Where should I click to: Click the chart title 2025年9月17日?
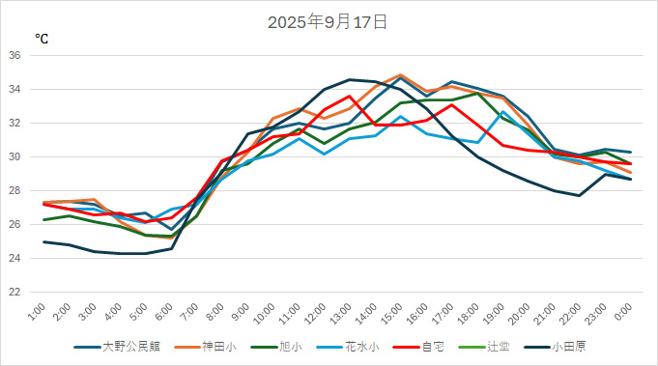click(328, 21)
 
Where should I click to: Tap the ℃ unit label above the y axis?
click(42, 39)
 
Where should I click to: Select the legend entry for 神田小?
click(219, 346)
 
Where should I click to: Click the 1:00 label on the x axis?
click(38, 311)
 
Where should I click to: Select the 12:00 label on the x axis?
click(315, 311)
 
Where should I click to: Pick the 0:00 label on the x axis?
click(624, 311)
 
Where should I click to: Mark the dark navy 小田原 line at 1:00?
click(43, 241)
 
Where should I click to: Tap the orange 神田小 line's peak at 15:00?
click(401, 74)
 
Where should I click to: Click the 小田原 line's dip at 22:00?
click(580, 196)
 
